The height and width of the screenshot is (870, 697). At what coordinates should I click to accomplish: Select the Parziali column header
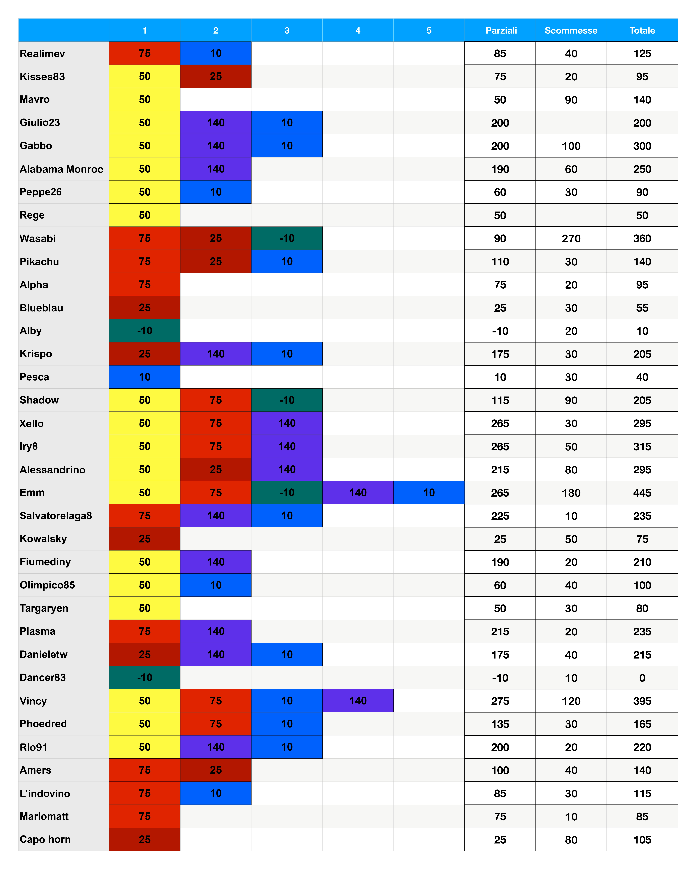point(501,30)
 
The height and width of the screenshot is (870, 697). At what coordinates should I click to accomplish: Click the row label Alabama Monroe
point(61,169)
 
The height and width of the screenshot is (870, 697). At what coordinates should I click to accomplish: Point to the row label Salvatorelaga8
point(56,516)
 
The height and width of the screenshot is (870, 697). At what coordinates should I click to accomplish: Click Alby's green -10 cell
point(144,331)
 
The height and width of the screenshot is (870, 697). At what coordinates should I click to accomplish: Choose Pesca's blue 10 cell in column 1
point(144,377)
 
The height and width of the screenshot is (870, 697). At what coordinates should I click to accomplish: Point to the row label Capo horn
point(45,840)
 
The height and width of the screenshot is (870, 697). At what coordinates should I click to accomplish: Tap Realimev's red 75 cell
point(144,53)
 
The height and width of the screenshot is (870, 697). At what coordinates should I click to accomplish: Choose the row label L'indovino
point(45,794)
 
